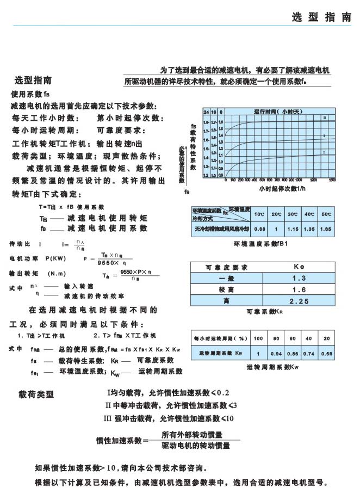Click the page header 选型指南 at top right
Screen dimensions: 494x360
321,17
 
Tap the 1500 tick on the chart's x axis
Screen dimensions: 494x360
332,180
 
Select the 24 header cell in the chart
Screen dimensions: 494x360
206,111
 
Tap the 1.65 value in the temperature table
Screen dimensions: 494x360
326,230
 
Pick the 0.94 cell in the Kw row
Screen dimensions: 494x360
277,354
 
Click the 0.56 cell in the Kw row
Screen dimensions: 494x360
326,354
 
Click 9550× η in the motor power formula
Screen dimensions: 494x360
107,262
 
